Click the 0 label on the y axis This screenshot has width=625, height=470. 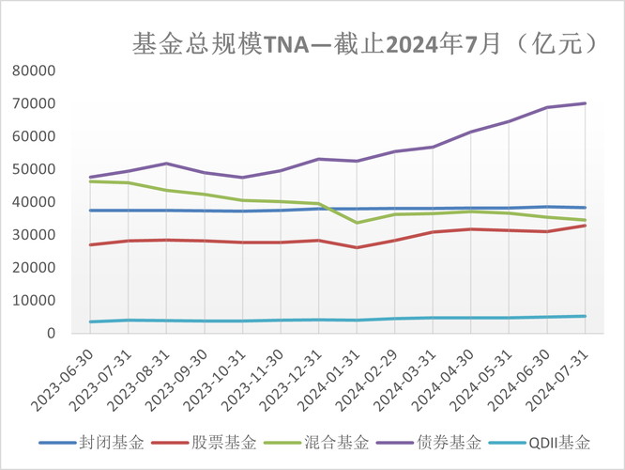[x=51, y=333]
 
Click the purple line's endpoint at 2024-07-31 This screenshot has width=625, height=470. [x=586, y=103]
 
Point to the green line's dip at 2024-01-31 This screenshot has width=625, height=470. [x=357, y=223]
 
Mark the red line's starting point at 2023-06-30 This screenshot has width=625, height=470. [x=90, y=244]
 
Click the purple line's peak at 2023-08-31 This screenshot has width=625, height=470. [x=166, y=164]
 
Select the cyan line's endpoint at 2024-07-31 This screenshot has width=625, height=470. [x=586, y=316]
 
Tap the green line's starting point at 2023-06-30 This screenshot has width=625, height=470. [x=90, y=180]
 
